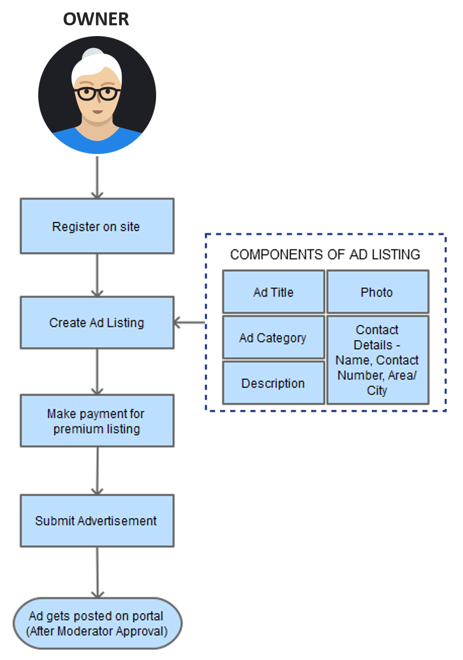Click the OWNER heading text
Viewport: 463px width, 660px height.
point(96,19)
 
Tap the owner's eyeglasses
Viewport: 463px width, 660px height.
point(97,93)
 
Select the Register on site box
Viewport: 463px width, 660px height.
point(97,226)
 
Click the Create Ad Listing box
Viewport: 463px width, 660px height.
point(97,322)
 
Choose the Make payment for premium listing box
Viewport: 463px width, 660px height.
point(97,421)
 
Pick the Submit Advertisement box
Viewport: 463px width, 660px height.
point(97,521)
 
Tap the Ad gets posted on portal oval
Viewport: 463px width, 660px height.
point(97,623)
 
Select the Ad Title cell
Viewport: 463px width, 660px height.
point(273,292)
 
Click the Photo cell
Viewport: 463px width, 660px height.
point(377,292)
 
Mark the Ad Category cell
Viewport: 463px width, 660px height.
point(273,338)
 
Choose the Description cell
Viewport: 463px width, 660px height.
point(273,383)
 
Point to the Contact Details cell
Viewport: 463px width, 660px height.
point(377,360)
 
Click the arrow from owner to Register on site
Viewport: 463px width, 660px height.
point(97,177)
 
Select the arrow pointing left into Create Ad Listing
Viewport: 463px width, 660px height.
point(190,323)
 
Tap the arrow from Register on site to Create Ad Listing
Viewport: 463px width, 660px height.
point(97,275)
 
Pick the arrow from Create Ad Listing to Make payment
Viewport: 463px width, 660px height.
point(97,372)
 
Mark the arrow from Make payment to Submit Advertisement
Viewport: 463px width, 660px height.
point(97,471)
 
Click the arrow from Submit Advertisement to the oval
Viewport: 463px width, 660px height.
point(97,572)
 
